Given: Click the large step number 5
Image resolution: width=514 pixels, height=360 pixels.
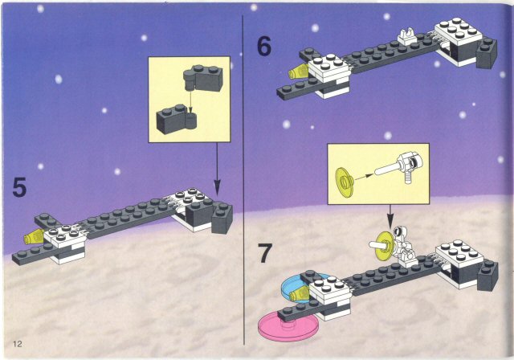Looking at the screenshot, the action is [x=19, y=187].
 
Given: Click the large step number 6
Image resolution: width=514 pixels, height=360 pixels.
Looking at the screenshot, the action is [x=264, y=47].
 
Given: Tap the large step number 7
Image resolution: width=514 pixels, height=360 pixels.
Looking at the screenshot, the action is [x=264, y=253].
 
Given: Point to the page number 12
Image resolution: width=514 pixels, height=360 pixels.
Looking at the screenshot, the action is [x=18, y=344].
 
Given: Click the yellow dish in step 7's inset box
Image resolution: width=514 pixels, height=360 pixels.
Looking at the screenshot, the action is [x=345, y=182].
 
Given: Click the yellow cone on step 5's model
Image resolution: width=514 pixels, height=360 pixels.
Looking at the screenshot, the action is [x=34, y=236].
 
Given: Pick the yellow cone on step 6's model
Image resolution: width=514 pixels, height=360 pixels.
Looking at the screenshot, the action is [x=298, y=72].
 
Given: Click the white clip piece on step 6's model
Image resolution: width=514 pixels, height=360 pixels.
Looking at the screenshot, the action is [x=407, y=36].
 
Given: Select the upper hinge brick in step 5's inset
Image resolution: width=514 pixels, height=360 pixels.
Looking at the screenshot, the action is [x=202, y=78].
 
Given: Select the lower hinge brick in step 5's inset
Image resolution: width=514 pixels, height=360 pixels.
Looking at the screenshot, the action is [x=177, y=120].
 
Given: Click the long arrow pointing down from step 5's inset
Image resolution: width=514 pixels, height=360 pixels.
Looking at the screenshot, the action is [x=217, y=169].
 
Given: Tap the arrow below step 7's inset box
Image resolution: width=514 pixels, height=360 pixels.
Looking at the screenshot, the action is [x=390, y=217].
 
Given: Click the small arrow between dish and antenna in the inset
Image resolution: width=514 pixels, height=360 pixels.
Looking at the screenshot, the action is [x=364, y=177].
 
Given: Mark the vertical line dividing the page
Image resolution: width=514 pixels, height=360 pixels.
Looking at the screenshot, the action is [x=243, y=180].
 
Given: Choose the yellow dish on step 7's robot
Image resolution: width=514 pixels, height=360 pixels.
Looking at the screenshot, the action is [x=383, y=246].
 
